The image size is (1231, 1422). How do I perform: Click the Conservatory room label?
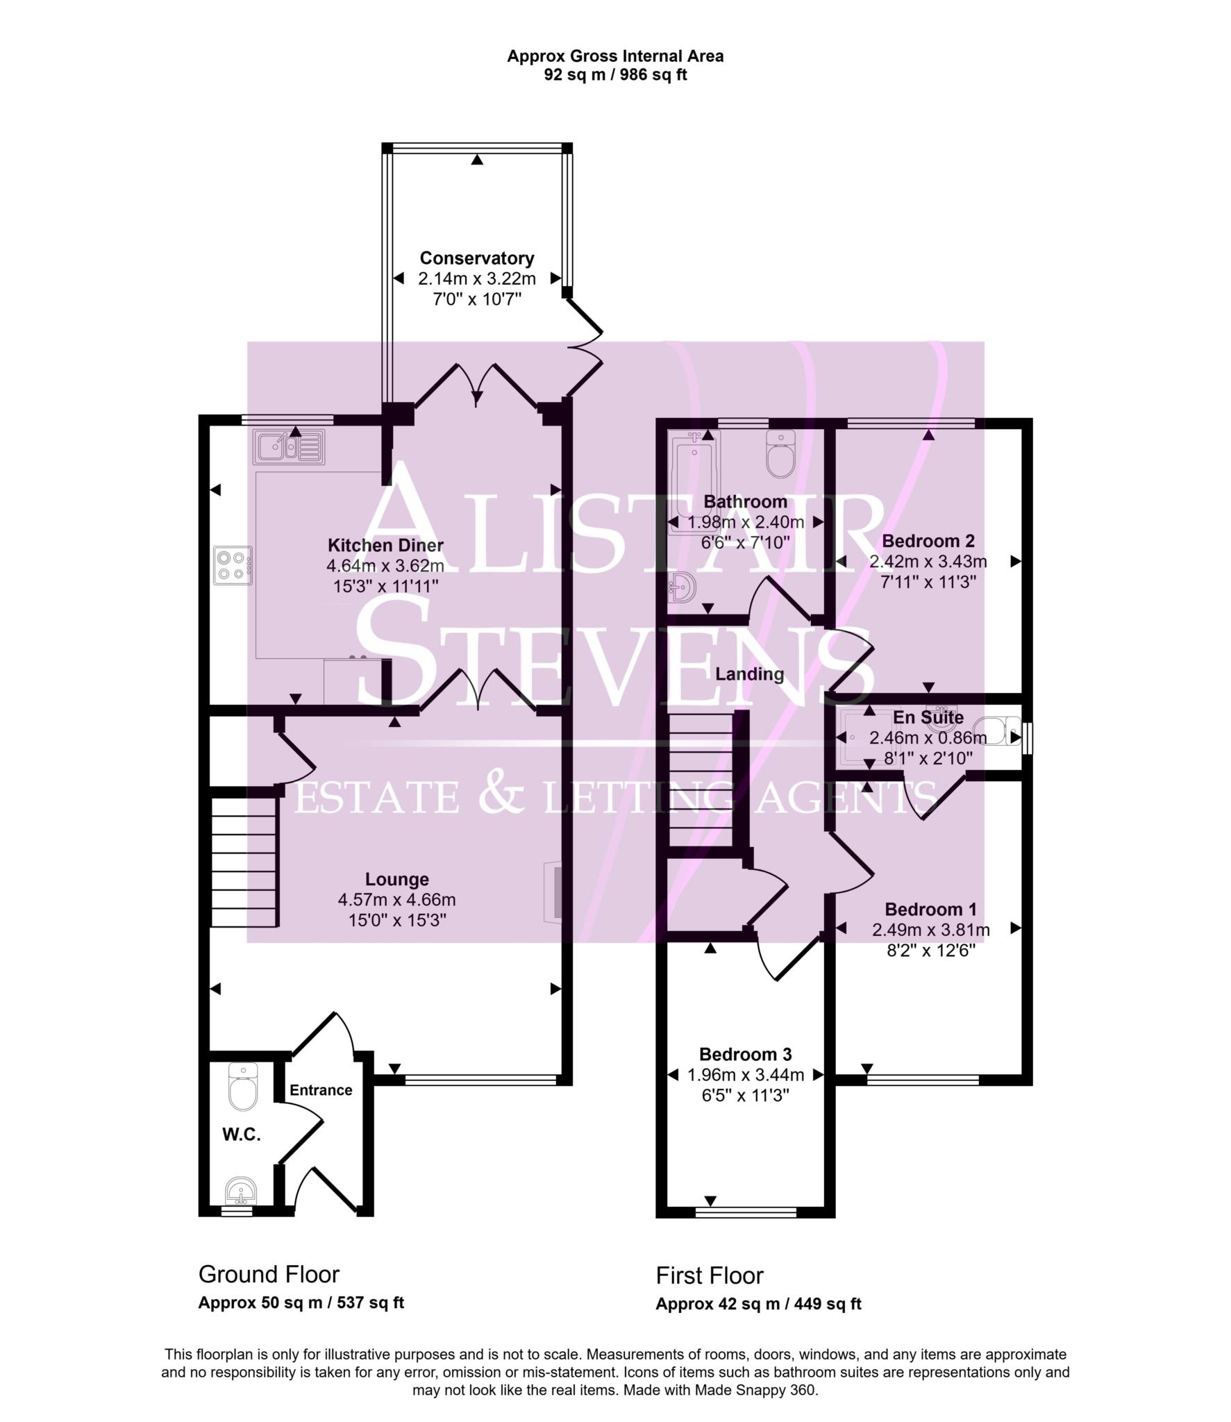(x=476, y=258)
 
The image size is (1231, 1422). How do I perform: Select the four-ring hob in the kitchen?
(x=233, y=564)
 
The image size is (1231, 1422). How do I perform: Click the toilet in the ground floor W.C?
(x=243, y=1087)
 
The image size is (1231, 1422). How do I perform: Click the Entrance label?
(x=321, y=1089)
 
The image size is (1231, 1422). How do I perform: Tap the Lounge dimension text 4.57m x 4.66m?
(x=396, y=900)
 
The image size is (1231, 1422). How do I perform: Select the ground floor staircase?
(x=244, y=862)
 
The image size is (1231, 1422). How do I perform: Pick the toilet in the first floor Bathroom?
(x=781, y=453)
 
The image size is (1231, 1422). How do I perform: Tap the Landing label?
(x=749, y=674)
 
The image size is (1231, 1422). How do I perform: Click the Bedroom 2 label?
(x=928, y=541)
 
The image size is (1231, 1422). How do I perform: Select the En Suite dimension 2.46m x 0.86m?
(x=928, y=738)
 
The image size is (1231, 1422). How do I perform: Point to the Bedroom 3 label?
(x=745, y=1054)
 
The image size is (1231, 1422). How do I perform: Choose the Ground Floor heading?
(x=269, y=1274)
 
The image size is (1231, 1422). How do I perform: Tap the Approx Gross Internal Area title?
(x=614, y=56)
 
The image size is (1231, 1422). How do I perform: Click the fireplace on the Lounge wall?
(x=554, y=892)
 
